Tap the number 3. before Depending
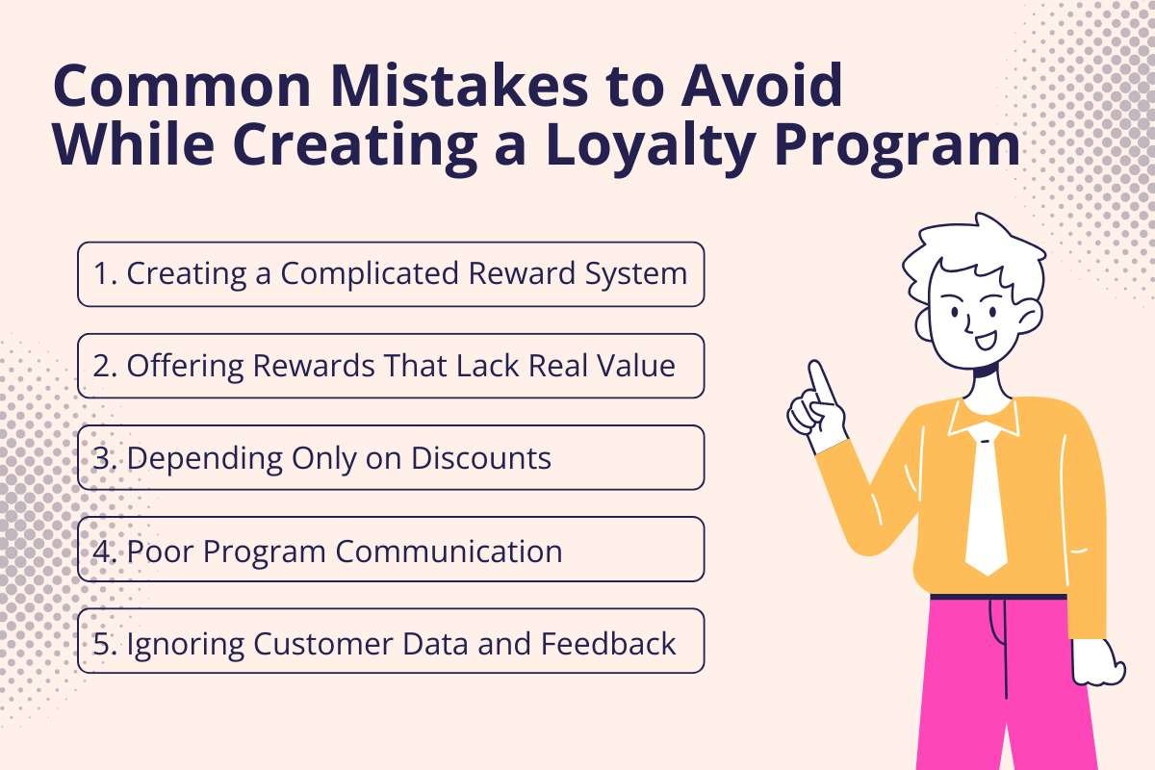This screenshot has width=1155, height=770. pos(106,458)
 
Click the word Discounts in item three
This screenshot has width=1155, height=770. pos(481,458)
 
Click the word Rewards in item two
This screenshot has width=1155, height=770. pos(296,366)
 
